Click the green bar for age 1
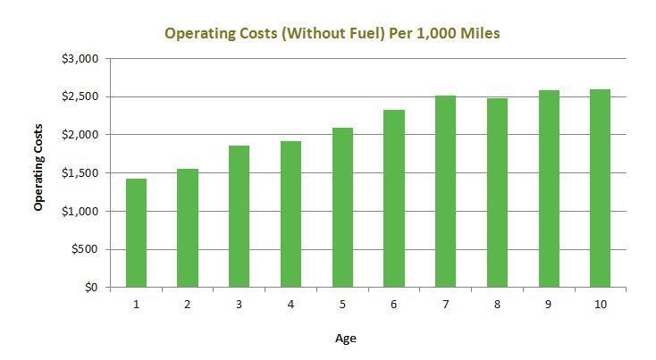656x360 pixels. (136, 233)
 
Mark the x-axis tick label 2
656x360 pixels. (188, 305)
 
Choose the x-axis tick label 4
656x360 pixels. (290, 305)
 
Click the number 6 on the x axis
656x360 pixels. (393, 305)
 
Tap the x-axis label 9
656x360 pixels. (548, 305)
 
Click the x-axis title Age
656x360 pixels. (346, 338)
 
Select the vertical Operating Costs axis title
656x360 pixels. (38, 173)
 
